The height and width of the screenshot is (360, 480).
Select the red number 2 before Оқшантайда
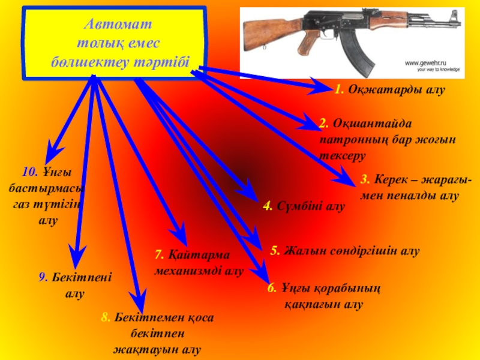pos(323,123)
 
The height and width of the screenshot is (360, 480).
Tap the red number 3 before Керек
pos(364,178)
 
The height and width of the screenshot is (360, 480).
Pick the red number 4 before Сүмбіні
pos(267,206)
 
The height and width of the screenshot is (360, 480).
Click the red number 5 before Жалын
pos(275,251)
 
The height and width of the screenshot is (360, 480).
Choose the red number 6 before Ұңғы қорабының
pos(271,288)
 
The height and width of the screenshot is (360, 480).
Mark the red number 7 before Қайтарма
pos(158,254)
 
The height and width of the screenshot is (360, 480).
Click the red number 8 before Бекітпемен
pos(105,317)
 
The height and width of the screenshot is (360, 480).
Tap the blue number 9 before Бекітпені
pos(43,277)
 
